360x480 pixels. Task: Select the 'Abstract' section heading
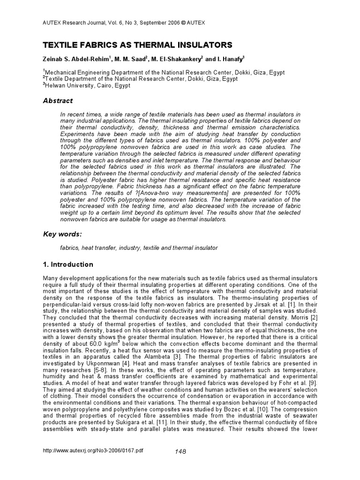pyautogui.click(x=58, y=100)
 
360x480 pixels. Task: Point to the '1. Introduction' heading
pyautogui.click(x=68, y=264)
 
